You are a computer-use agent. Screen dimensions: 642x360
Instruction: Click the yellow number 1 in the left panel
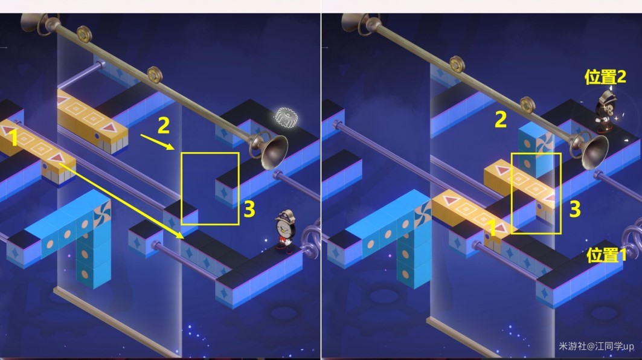tap(14, 137)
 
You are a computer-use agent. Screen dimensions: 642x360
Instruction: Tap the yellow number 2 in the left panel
tap(163, 125)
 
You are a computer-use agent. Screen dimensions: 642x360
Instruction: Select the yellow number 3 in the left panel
tap(249, 209)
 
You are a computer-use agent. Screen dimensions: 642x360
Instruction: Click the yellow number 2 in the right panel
tap(501, 120)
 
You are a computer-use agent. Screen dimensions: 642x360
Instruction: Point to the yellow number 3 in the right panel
tap(575, 209)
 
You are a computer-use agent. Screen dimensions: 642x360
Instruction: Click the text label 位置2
tap(605, 77)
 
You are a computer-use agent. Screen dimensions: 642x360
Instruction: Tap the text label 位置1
tap(606, 255)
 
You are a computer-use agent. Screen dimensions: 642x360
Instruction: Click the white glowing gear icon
tap(286, 117)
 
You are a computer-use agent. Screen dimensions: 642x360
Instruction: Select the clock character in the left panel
tap(285, 231)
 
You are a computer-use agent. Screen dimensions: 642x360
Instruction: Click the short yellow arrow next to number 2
tap(158, 142)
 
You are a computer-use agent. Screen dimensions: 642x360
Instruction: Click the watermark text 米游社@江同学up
tap(596, 346)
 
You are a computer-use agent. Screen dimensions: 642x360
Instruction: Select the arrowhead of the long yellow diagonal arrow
tap(179, 235)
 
